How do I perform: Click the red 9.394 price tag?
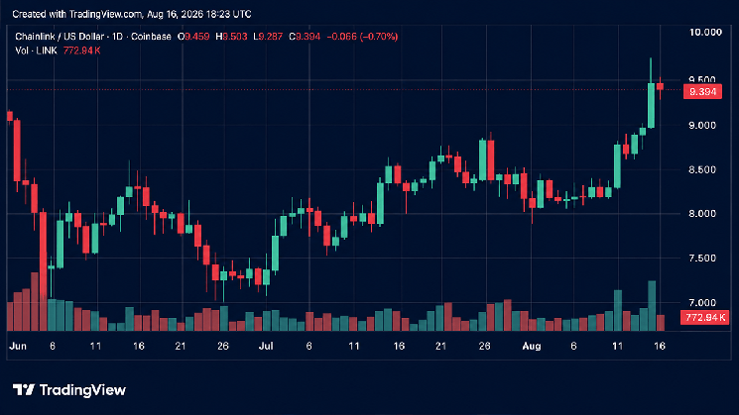(x=702, y=92)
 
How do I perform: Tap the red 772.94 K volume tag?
(x=704, y=318)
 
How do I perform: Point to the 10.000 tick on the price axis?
(x=705, y=33)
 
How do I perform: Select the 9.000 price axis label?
(x=702, y=125)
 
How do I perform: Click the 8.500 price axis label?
(x=702, y=169)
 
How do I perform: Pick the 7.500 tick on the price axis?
(x=702, y=258)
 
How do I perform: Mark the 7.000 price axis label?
(x=702, y=302)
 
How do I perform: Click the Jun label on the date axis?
(x=18, y=347)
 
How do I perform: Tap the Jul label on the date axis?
(x=266, y=347)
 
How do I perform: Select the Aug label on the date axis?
(x=531, y=347)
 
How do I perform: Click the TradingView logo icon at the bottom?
(x=24, y=389)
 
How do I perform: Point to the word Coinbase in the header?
(x=151, y=37)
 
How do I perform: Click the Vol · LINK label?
(x=36, y=51)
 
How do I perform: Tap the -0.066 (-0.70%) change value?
(x=362, y=37)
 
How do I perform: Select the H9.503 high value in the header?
(x=231, y=37)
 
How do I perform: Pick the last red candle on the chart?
(x=660, y=86)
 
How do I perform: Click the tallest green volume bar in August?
(x=652, y=306)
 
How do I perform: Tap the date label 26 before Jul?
(x=223, y=347)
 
